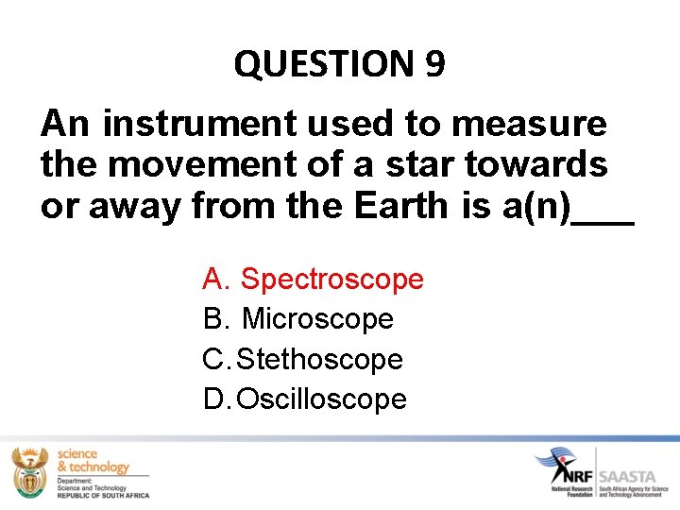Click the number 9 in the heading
click(434, 65)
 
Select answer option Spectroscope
click(331, 280)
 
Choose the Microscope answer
click(317, 319)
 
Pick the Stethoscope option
click(319, 360)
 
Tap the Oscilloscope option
click(321, 399)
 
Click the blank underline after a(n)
click(604, 217)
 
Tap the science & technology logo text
click(92, 461)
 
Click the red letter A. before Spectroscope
click(214, 280)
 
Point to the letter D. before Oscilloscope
click(214, 399)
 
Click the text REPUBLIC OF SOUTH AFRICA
click(102, 495)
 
